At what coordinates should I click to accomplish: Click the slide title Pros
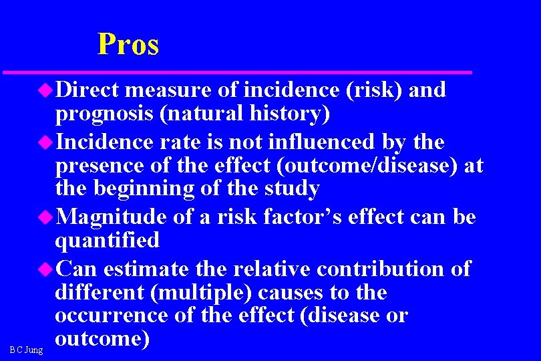(x=128, y=44)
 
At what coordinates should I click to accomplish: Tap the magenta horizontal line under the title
(x=237, y=72)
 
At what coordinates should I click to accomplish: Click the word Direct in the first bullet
(x=87, y=90)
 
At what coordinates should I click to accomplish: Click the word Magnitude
(x=113, y=217)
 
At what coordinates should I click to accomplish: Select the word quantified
(x=108, y=239)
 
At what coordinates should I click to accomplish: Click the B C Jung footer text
(x=27, y=350)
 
